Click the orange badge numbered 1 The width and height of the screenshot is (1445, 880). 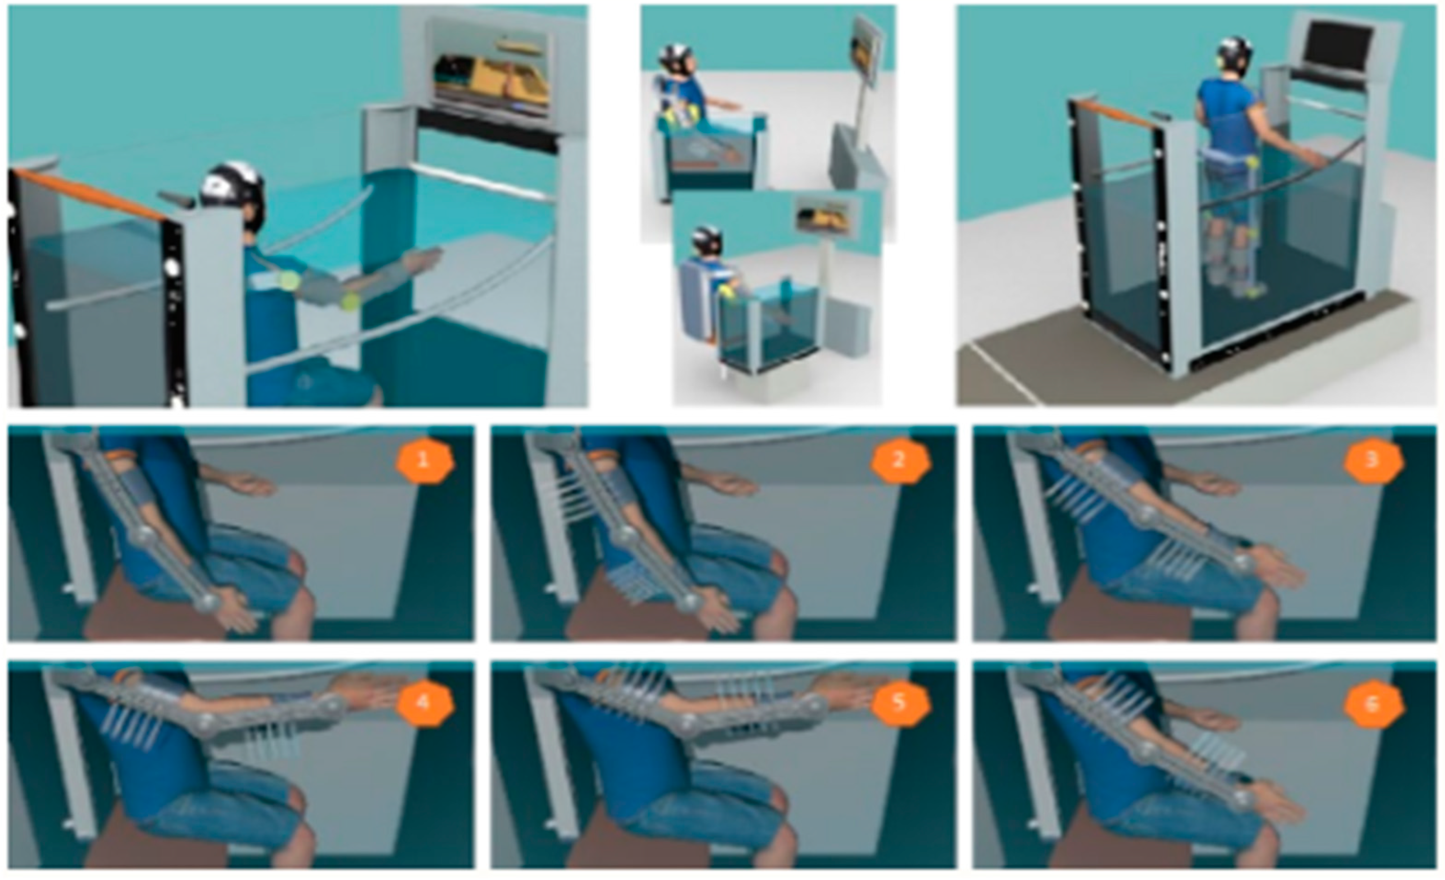(x=424, y=461)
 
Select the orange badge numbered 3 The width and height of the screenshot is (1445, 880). (x=1374, y=461)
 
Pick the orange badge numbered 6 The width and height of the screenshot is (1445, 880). (x=1374, y=703)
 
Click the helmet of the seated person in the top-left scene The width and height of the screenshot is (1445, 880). (x=233, y=191)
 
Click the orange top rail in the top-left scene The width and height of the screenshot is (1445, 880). (x=88, y=194)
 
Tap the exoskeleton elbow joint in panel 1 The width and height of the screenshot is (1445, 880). (x=143, y=535)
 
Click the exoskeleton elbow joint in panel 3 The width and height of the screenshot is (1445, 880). (x=1142, y=515)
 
